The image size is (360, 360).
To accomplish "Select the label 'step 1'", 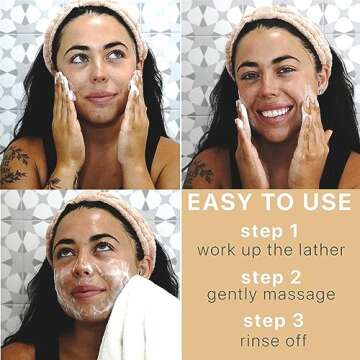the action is coord(269,232).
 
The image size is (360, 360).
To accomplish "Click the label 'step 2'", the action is coord(271,278).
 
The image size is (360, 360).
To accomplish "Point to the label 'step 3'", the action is coord(273,321).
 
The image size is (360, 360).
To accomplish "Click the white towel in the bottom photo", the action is coord(140,320).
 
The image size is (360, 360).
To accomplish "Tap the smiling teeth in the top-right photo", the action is coord(276,112).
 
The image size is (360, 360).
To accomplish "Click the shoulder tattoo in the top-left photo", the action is coord(16,164).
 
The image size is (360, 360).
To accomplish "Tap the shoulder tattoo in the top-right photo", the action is coord(199,172).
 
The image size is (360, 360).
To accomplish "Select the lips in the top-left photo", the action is coord(100,98).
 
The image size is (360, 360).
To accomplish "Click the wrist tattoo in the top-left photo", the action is coord(54,182).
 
